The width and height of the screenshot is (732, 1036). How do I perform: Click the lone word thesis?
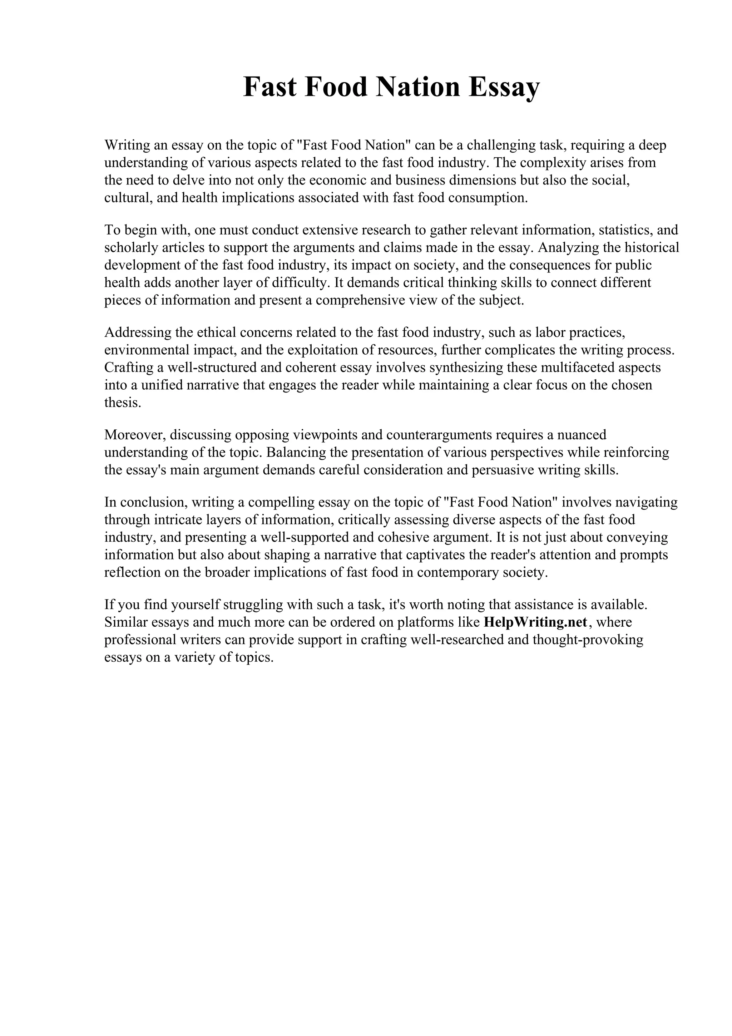[x=123, y=403]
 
